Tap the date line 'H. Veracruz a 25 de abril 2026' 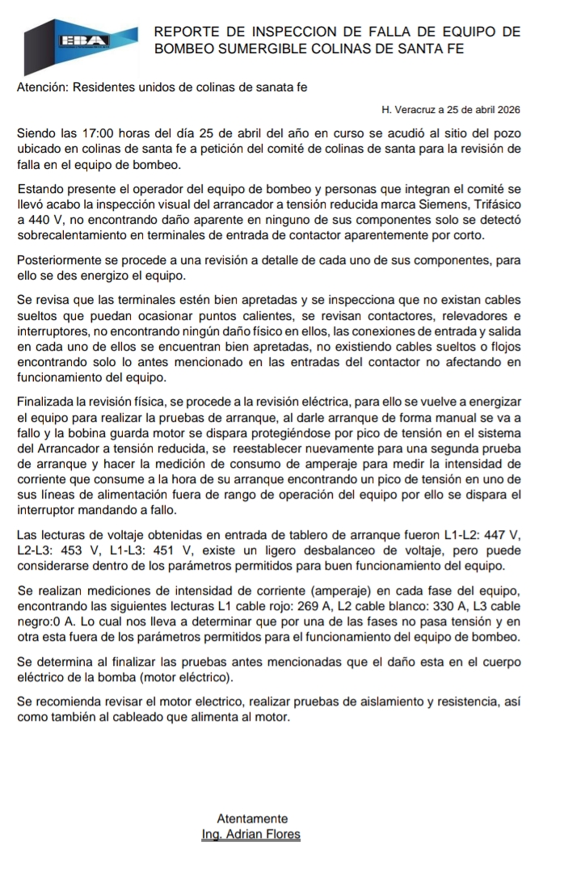(450, 109)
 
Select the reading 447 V (503, 535)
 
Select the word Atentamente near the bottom (252, 819)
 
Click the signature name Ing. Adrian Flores (251, 834)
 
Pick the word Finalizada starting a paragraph (48, 402)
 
